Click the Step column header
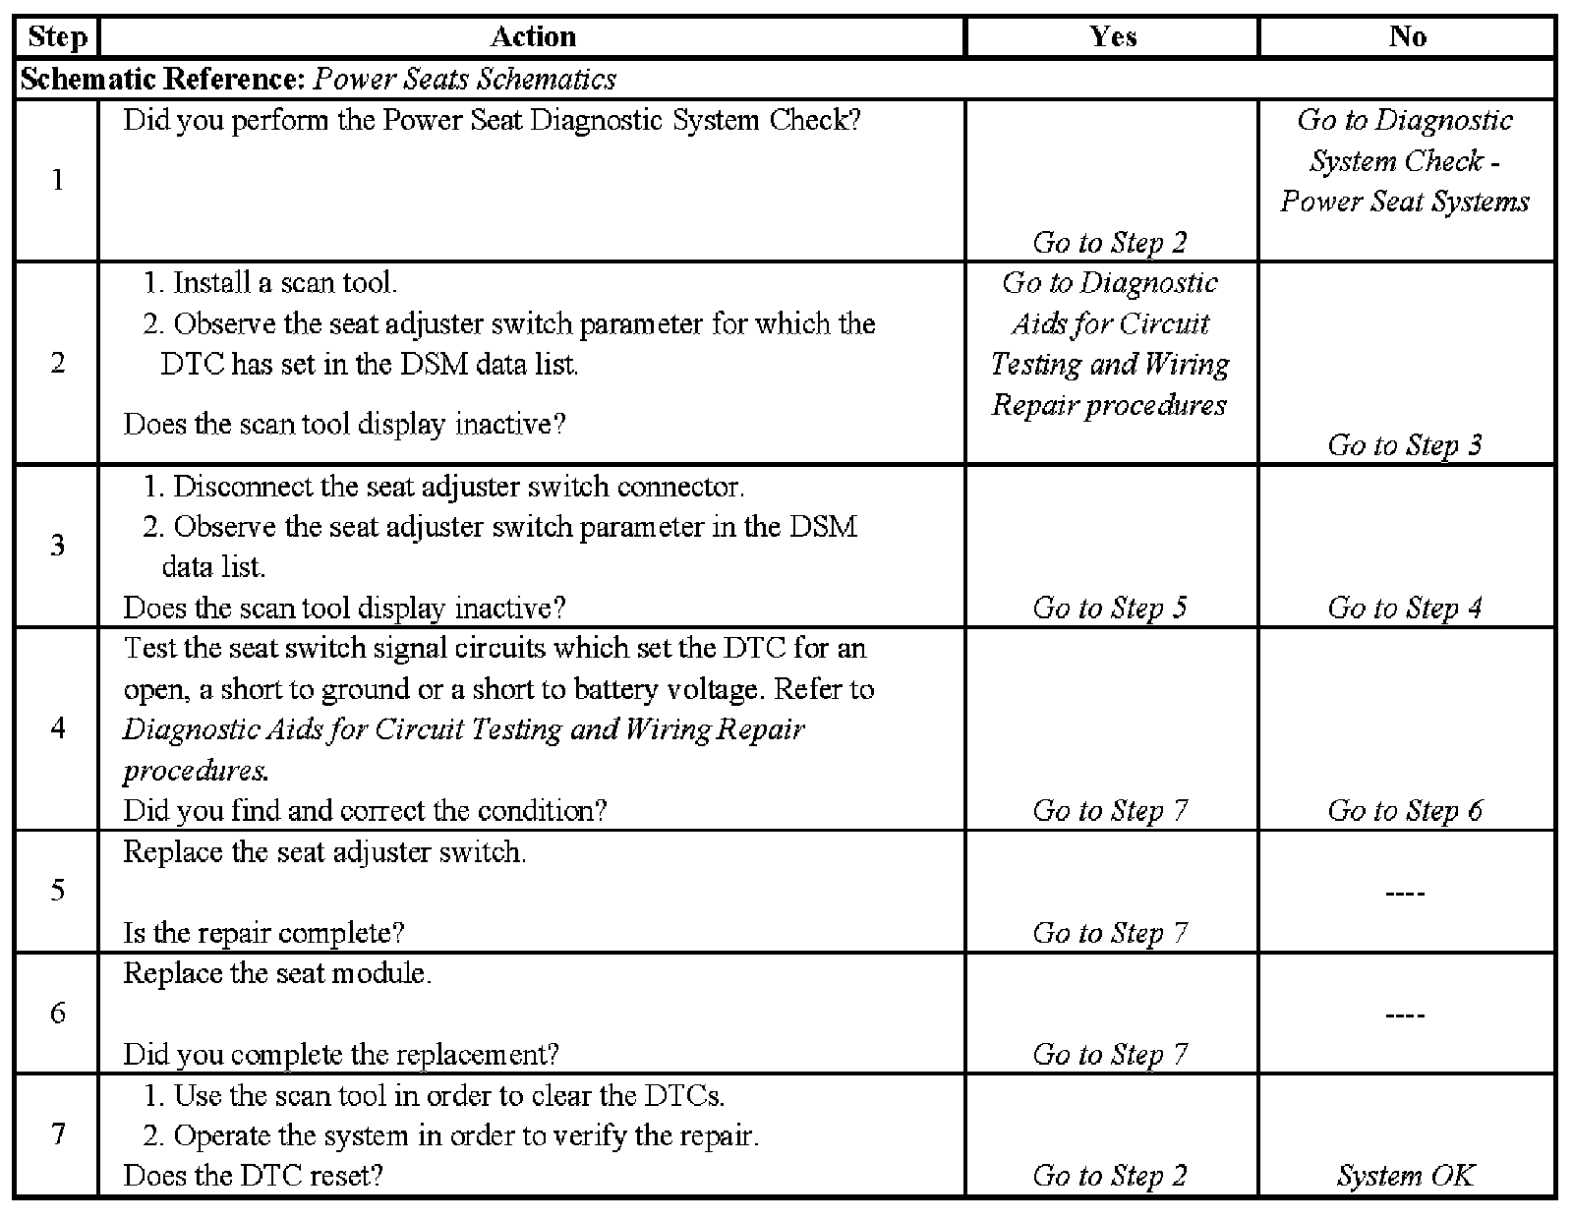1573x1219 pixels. (57, 37)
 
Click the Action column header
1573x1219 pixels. (532, 37)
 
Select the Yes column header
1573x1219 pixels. (1112, 37)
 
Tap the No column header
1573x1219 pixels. (1407, 37)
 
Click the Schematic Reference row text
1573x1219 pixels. (318, 79)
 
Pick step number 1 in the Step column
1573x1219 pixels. (57, 180)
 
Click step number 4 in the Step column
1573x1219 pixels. (57, 728)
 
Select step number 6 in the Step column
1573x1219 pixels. (57, 1013)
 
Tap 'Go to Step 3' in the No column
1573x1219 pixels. (1404, 445)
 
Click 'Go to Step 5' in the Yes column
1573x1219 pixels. (1110, 608)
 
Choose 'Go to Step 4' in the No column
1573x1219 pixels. (1404, 608)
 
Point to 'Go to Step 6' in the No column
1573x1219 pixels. (1404, 810)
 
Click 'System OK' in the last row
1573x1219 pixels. (1406, 1176)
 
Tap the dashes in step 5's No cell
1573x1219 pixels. (1405, 893)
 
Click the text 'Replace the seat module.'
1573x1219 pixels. (277, 973)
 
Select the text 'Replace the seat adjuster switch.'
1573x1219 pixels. (324, 851)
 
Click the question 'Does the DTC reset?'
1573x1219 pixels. (253, 1176)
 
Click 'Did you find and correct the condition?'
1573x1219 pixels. (365, 810)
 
